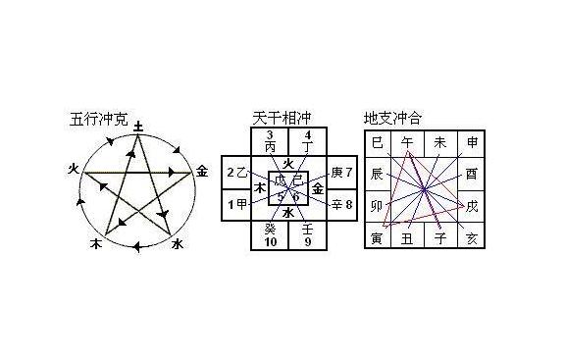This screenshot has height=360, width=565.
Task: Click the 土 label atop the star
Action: coord(139,127)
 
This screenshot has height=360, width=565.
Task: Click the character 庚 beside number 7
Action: coord(336,173)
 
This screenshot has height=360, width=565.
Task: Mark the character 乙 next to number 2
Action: coord(241,173)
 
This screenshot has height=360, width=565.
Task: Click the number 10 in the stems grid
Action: coord(272,241)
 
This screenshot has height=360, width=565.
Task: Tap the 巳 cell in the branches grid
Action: coord(377,143)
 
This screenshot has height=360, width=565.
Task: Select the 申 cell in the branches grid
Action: coord(473,143)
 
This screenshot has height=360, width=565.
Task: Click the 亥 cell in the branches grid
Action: coord(473,238)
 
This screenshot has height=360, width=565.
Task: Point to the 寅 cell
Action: coord(377,238)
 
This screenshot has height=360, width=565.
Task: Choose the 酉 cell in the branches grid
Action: coord(473,174)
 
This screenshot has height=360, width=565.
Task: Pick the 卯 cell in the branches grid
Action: coord(377,206)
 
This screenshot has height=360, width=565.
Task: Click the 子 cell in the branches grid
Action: coord(440,238)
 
